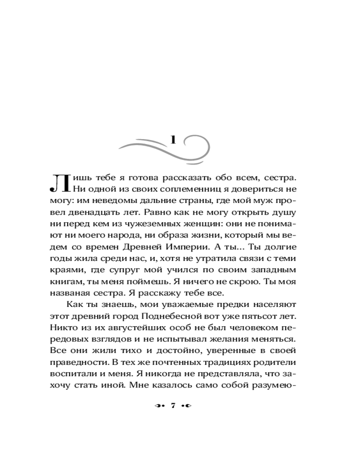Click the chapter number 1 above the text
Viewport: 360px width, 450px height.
[173, 140]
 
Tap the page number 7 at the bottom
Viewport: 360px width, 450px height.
[173, 406]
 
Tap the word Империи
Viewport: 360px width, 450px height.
[198, 248]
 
